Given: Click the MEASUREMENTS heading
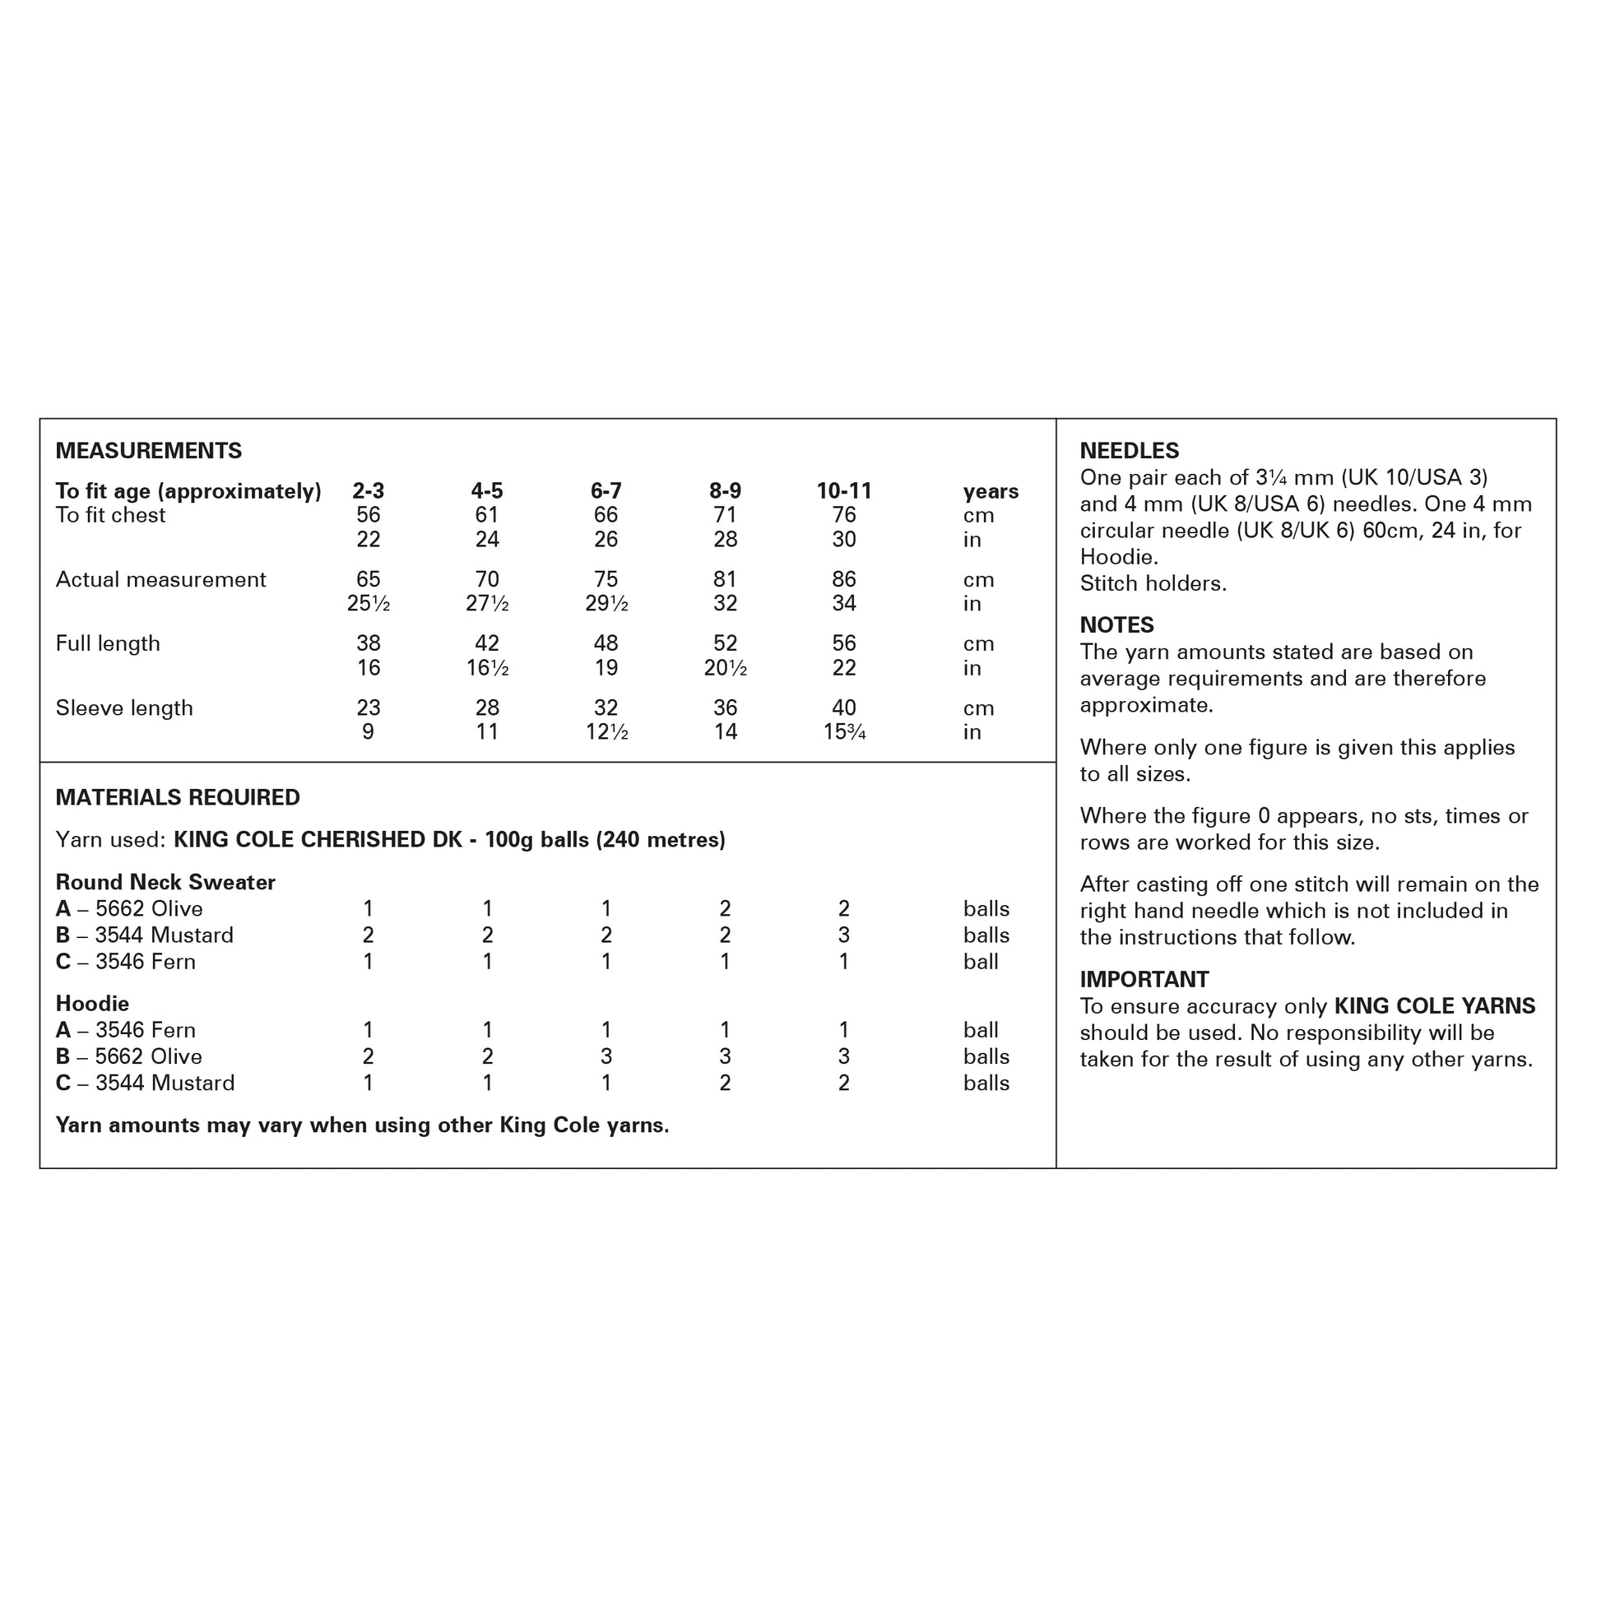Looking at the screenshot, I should click(148, 451).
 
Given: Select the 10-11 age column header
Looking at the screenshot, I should click(843, 490).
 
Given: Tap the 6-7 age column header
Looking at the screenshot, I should click(606, 490).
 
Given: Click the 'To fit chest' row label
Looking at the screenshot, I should click(110, 516).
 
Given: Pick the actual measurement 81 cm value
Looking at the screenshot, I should click(725, 579).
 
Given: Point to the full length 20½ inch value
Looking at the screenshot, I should click(725, 668).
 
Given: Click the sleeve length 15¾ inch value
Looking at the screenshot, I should click(843, 731).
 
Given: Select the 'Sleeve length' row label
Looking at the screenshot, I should click(123, 708).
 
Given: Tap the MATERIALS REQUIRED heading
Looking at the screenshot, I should click(178, 797).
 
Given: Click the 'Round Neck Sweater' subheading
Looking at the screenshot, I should click(165, 882).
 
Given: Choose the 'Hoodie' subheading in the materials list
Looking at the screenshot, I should click(92, 1004).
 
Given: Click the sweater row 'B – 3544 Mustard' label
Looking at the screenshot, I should click(144, 935).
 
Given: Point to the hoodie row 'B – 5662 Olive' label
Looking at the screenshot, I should click(128, 1056).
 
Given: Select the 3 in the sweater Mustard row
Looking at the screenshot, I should click(843, 935).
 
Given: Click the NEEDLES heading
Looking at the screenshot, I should click(1129, 451).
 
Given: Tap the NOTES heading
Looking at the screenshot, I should click(1116, 624).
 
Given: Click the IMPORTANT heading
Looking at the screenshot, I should click(1144, 980).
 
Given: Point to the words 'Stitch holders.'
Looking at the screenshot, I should click(1153, 583).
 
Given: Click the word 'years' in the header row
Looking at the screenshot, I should click(991, 491).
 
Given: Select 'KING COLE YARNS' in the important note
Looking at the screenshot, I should click(1435, 1006).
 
